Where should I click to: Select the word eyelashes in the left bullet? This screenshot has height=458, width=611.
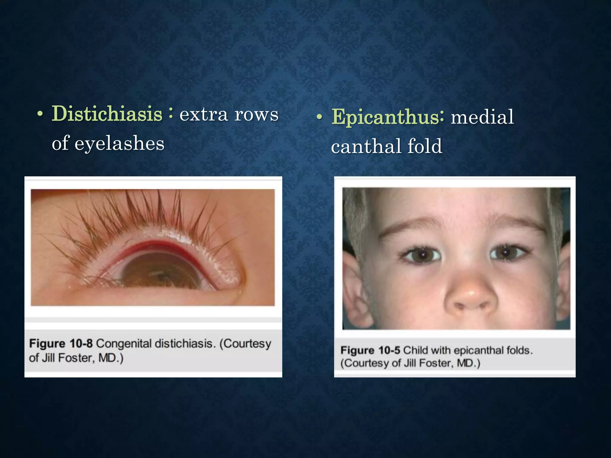coord(119,143)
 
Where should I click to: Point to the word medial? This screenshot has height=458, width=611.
coord(482,117)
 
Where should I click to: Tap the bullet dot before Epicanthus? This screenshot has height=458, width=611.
coord(320,117)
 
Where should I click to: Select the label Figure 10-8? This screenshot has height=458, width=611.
coord(61,343)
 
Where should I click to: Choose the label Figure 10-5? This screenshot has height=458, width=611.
coord(370,350)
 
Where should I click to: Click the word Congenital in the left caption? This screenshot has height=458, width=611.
coord(124,343)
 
